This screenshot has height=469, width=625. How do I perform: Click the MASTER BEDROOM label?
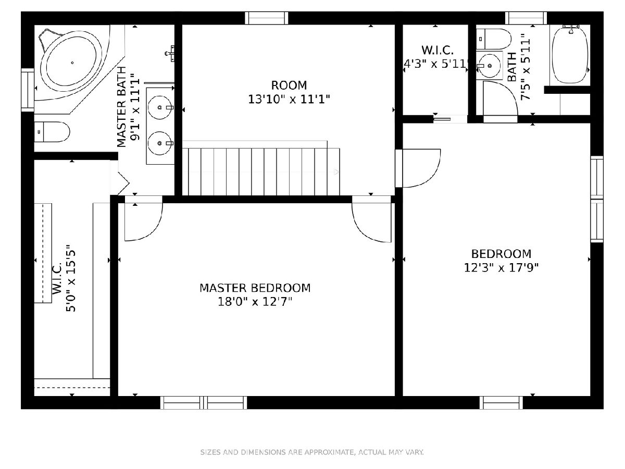click(255, 288)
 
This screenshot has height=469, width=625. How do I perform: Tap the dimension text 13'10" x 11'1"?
click(289, 100)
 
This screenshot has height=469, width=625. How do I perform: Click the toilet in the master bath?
click(52, 132)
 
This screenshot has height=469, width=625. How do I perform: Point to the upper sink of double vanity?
click(160, 107)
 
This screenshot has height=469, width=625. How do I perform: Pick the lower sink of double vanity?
click(160, 143)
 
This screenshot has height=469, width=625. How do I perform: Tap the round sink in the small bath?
click(489, 66)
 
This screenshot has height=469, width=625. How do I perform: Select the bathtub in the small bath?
click(570, 55)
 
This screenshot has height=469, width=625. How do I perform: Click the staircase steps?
click(261, 172)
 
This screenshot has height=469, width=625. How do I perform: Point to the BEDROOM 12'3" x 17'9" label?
click(501, 261)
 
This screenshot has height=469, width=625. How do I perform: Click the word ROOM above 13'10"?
click(289, 85)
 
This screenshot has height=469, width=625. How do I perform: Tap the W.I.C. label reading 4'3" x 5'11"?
click(437, 57)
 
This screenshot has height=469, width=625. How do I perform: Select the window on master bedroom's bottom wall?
click(204, 402)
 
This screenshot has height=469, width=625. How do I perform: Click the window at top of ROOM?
click(267, 18)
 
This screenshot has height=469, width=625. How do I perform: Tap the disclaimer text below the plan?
click(312, 452)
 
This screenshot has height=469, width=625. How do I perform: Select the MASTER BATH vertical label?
click(121, 107)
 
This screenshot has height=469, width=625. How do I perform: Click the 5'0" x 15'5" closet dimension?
click(71, 278)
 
